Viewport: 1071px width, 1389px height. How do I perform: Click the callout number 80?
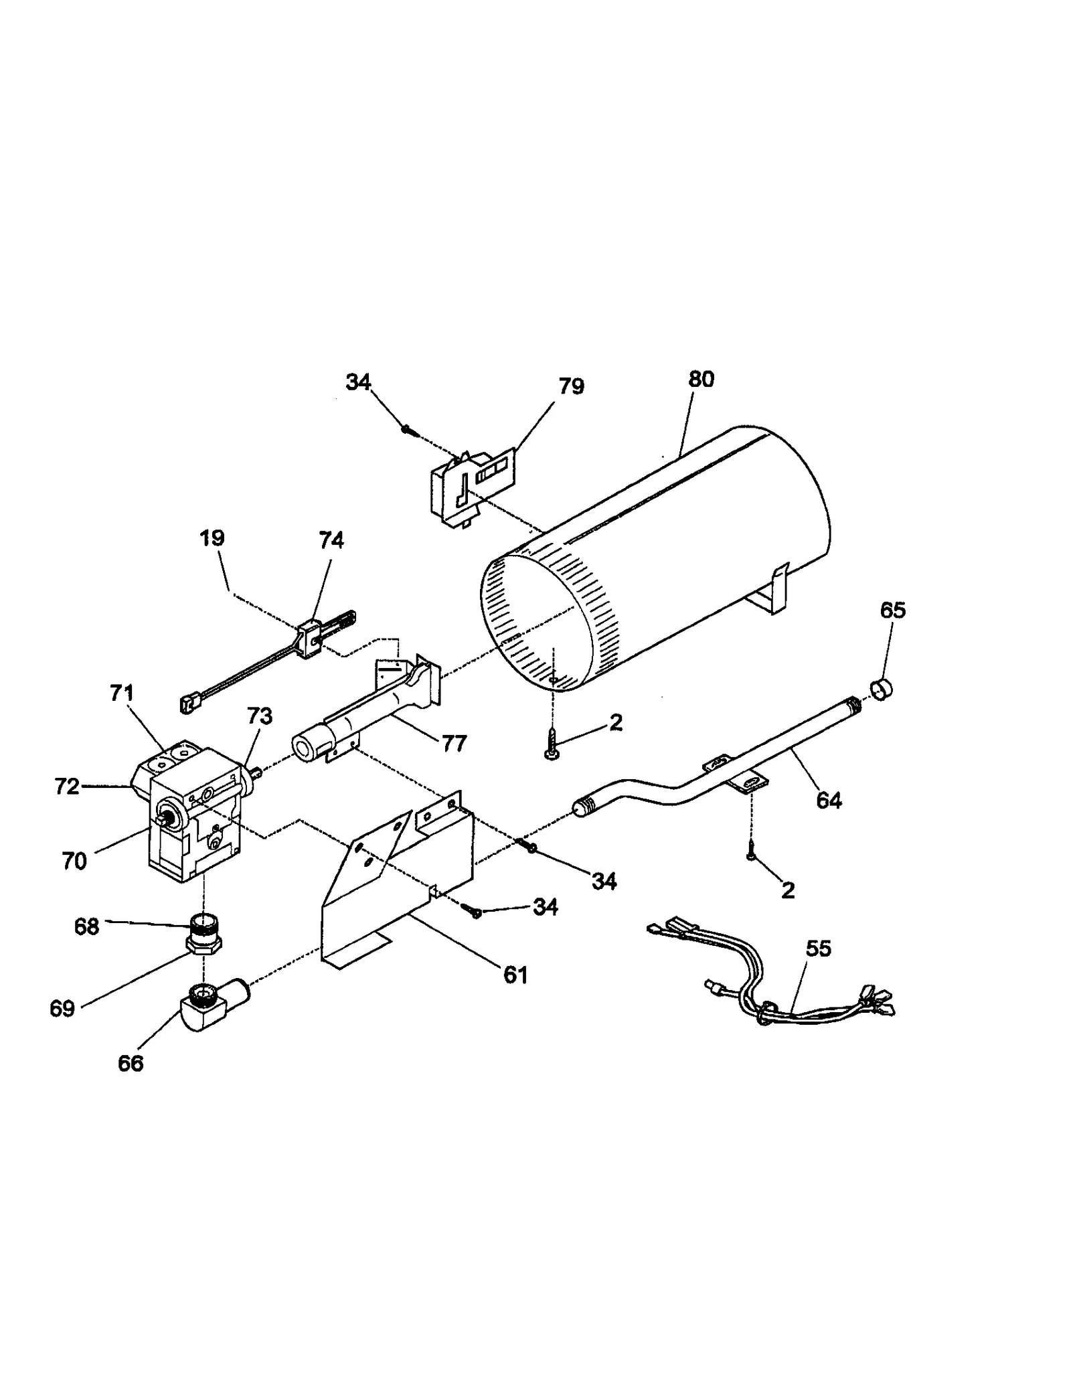(701, 379)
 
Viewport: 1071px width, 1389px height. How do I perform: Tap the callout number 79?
(571, 386)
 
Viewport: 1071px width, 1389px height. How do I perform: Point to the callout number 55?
(817, 949)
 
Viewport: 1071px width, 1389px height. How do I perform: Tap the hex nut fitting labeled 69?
(203, 945)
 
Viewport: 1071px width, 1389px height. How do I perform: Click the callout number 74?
(331, 540)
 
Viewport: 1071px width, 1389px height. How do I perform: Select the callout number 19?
(212, 538)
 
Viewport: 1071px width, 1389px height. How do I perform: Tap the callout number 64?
(829, 800)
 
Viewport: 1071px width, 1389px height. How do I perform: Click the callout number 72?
(67, 787)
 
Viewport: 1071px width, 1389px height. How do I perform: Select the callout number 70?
(74, 861)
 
